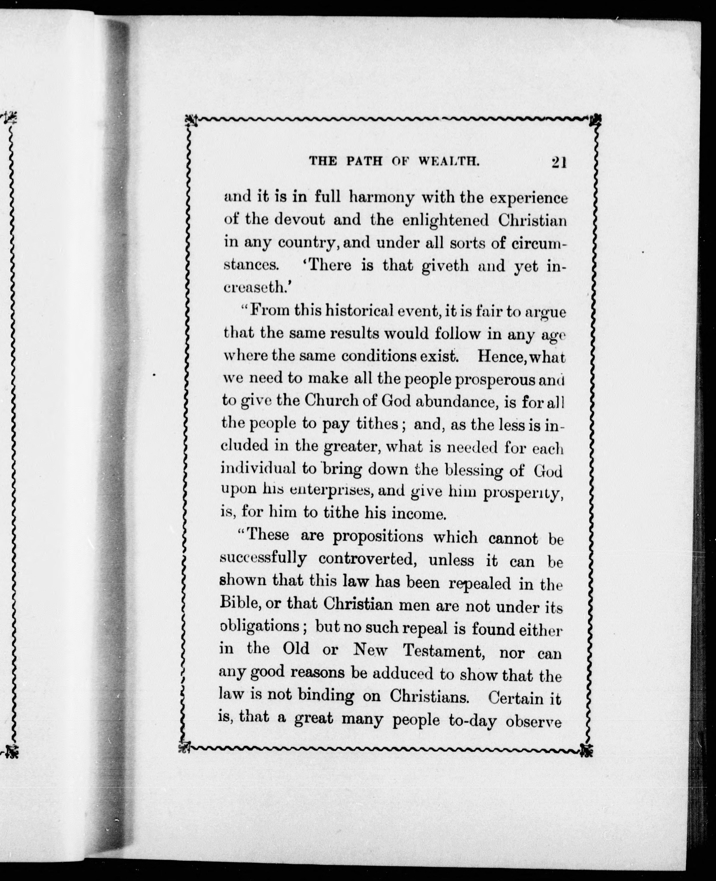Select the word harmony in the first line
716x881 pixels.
click(x=381, y=198)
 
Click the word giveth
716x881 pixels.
click(x=446, y=266)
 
